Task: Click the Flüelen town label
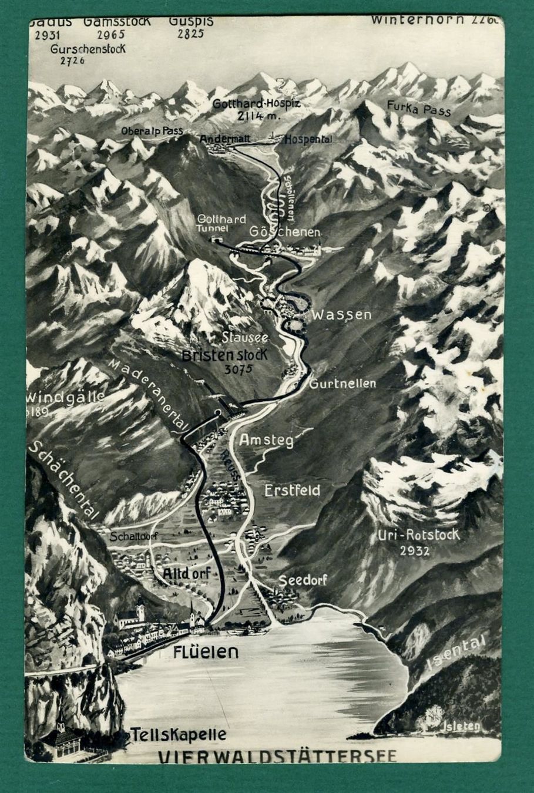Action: [x=206, y=651]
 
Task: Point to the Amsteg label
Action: [x=266, y=441]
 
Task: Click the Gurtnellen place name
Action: [x=342, y=384]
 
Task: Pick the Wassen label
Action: [x=341, y=315]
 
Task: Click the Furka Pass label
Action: [x=418, y=108]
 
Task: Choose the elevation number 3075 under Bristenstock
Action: [x=238, y=369]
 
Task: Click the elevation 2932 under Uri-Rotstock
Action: [x=415, y=550]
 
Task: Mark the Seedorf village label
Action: [x=302, y=580]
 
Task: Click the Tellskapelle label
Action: [x=178, y=734]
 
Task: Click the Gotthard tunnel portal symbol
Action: [x=218, y=240]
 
